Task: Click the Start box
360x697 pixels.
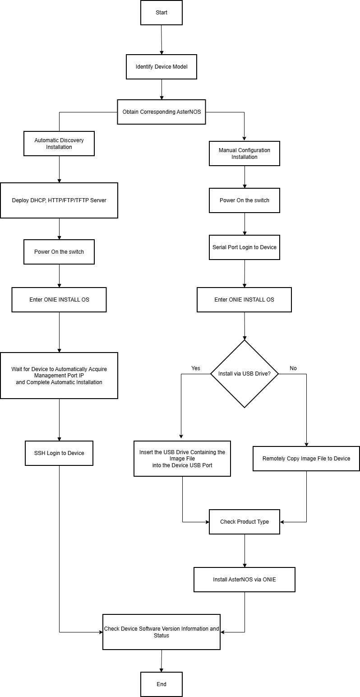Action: pos(162,13)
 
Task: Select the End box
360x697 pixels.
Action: pos(162,684)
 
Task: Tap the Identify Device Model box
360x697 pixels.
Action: pos(162,67)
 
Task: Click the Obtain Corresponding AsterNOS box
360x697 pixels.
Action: pos(162,112)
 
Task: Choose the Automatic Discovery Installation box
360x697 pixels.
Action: pos(59,144)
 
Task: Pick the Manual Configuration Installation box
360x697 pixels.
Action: pos(245,153)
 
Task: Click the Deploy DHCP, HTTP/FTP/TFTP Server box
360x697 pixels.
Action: pos(59,200)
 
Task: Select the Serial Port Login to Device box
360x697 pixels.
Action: pos(245,247)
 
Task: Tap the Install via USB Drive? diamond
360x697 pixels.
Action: pos(245,374)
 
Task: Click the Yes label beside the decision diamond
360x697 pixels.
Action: pos(195,368)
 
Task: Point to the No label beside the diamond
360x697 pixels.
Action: pos(293,368)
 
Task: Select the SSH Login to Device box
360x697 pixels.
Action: pos(59,453)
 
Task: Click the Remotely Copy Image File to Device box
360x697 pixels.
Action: pos(306,459)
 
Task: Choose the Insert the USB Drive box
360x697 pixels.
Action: pos(182,459)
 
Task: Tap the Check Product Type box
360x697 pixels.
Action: pos(245,522)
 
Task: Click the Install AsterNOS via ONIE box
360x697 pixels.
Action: pos(245,579)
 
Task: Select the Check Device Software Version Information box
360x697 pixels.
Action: pos(162,632)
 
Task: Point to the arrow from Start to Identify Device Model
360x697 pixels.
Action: pos(162,40)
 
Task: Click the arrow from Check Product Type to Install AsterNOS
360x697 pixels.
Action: pos(245,551)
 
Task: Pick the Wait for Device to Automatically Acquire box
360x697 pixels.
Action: pos(59,376)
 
